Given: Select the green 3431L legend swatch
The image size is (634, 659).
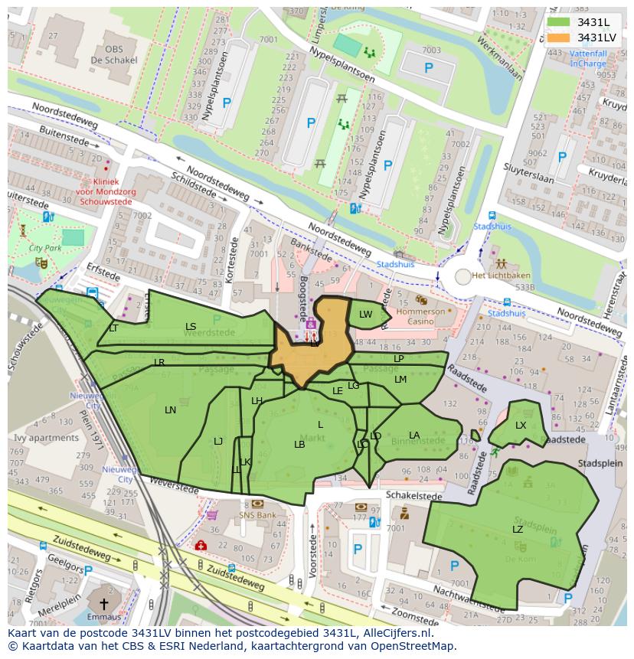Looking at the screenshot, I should point(559,21).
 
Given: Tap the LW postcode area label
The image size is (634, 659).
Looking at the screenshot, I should point(366,315).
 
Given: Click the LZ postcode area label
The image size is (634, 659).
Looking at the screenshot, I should point(518,529).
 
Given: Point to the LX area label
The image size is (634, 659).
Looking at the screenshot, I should point(521,426).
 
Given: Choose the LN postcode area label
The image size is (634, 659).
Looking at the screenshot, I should point(170,410).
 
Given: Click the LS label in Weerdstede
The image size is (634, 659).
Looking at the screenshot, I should point(191,327).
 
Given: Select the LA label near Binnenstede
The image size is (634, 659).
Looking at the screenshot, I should point(414,436).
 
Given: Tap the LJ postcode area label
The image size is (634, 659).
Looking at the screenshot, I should point(218,441).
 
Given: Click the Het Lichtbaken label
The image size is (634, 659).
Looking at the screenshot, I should point(501,276).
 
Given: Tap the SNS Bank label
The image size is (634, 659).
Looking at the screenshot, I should point(257,515).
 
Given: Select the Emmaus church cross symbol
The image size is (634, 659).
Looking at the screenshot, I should point(103,604).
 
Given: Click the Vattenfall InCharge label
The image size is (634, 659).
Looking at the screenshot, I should point(587,59).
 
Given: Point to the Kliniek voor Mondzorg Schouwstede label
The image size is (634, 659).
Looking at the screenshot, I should point(106,191).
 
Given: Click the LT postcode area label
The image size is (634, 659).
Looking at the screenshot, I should point(113,328).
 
